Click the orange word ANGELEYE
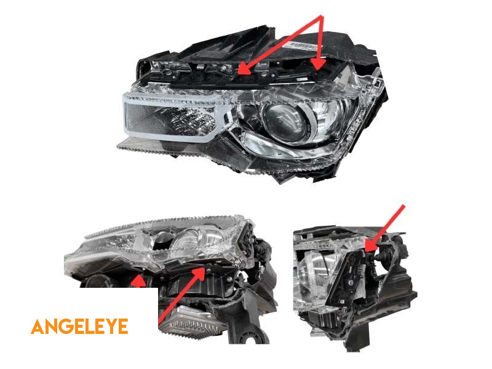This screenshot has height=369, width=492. (x=79, y=327)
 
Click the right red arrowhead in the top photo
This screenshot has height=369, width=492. (x=319, y=65)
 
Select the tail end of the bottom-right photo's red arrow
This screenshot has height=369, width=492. (x=404, y=206)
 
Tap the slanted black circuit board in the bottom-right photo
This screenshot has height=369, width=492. (x=345, y=280)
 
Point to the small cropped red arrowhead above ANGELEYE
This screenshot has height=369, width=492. (x=138, y=282)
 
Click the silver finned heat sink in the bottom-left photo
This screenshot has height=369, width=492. (x=192, y=323)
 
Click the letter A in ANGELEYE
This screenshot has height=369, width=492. (x=38, y=327)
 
